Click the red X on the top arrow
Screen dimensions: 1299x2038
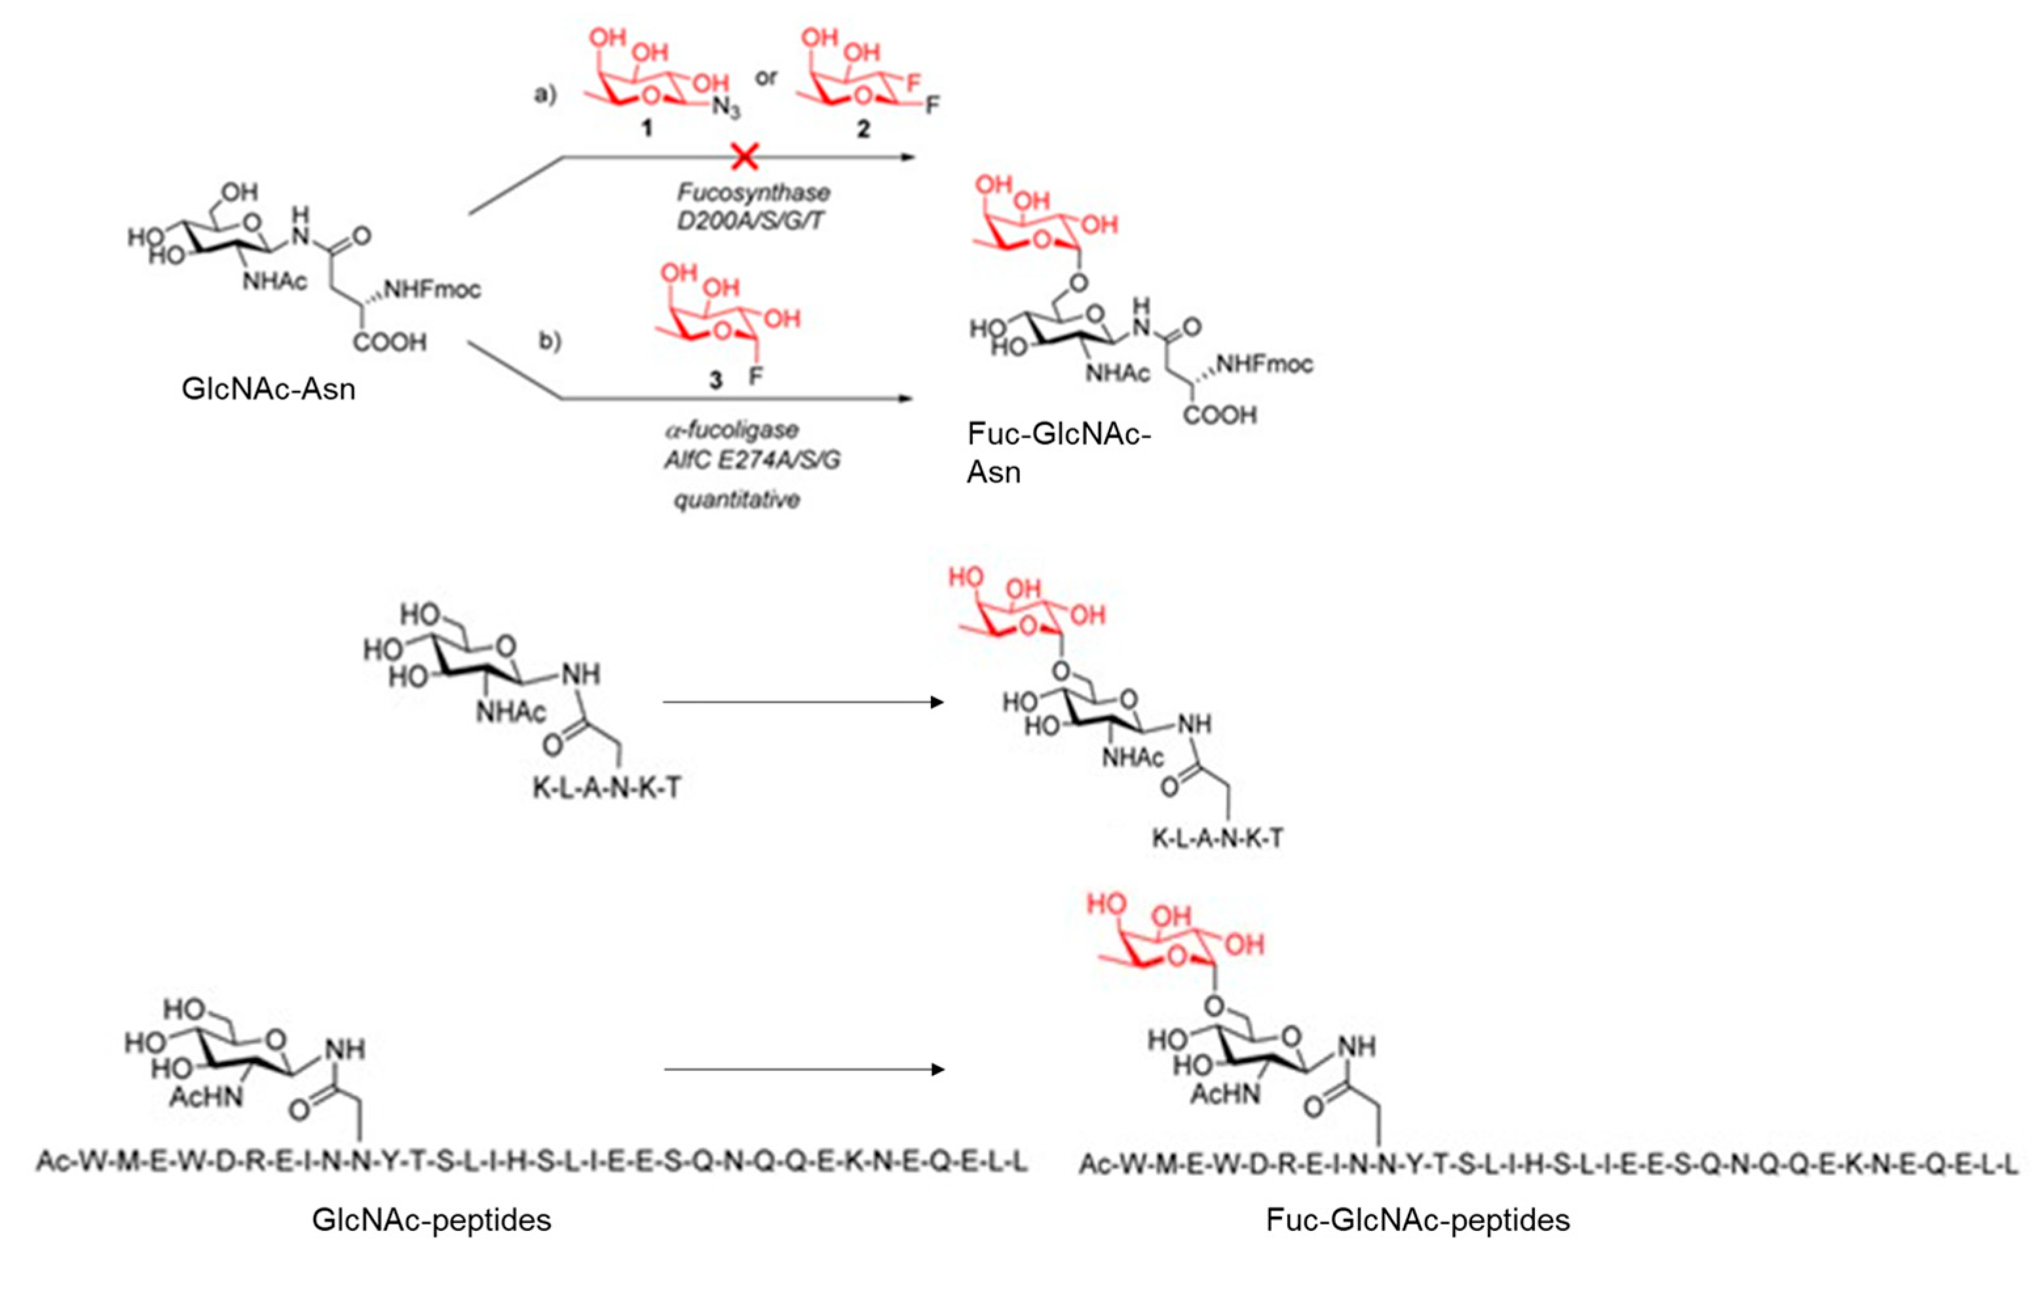pyautogui.click(x=744, y=157)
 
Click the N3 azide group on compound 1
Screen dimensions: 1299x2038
pyautogui.click(x=726, y=108)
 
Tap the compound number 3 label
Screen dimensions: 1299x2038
pyautogui.click(x=716, y=380)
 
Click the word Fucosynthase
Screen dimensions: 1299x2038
pyautogui.click(x=753, y=192)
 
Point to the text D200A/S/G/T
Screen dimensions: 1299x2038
pyautogui.click(x=750, y=221)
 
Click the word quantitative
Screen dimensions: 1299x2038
pyautogui.click(x=736, y=500)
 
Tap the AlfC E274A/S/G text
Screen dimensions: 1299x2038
pyautogui.click(x=751, y=461)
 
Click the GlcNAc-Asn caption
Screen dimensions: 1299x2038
pyautogui.click(x=269, y=389)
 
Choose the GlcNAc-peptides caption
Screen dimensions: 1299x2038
pyautogui.click(x=432, y=1220)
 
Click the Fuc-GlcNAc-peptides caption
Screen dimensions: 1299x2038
pyautogui.click(x=1418, y=1220)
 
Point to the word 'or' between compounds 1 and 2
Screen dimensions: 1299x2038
pyautogui.click(x=766, y=79)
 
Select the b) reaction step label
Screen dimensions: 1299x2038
pyautogui.click(x=550, y=341)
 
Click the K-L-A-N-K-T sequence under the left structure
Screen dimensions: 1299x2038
pyautogui.click(x=606, y=788)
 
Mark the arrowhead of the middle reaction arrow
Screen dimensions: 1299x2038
pyautogui.click(x=937, y=702)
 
